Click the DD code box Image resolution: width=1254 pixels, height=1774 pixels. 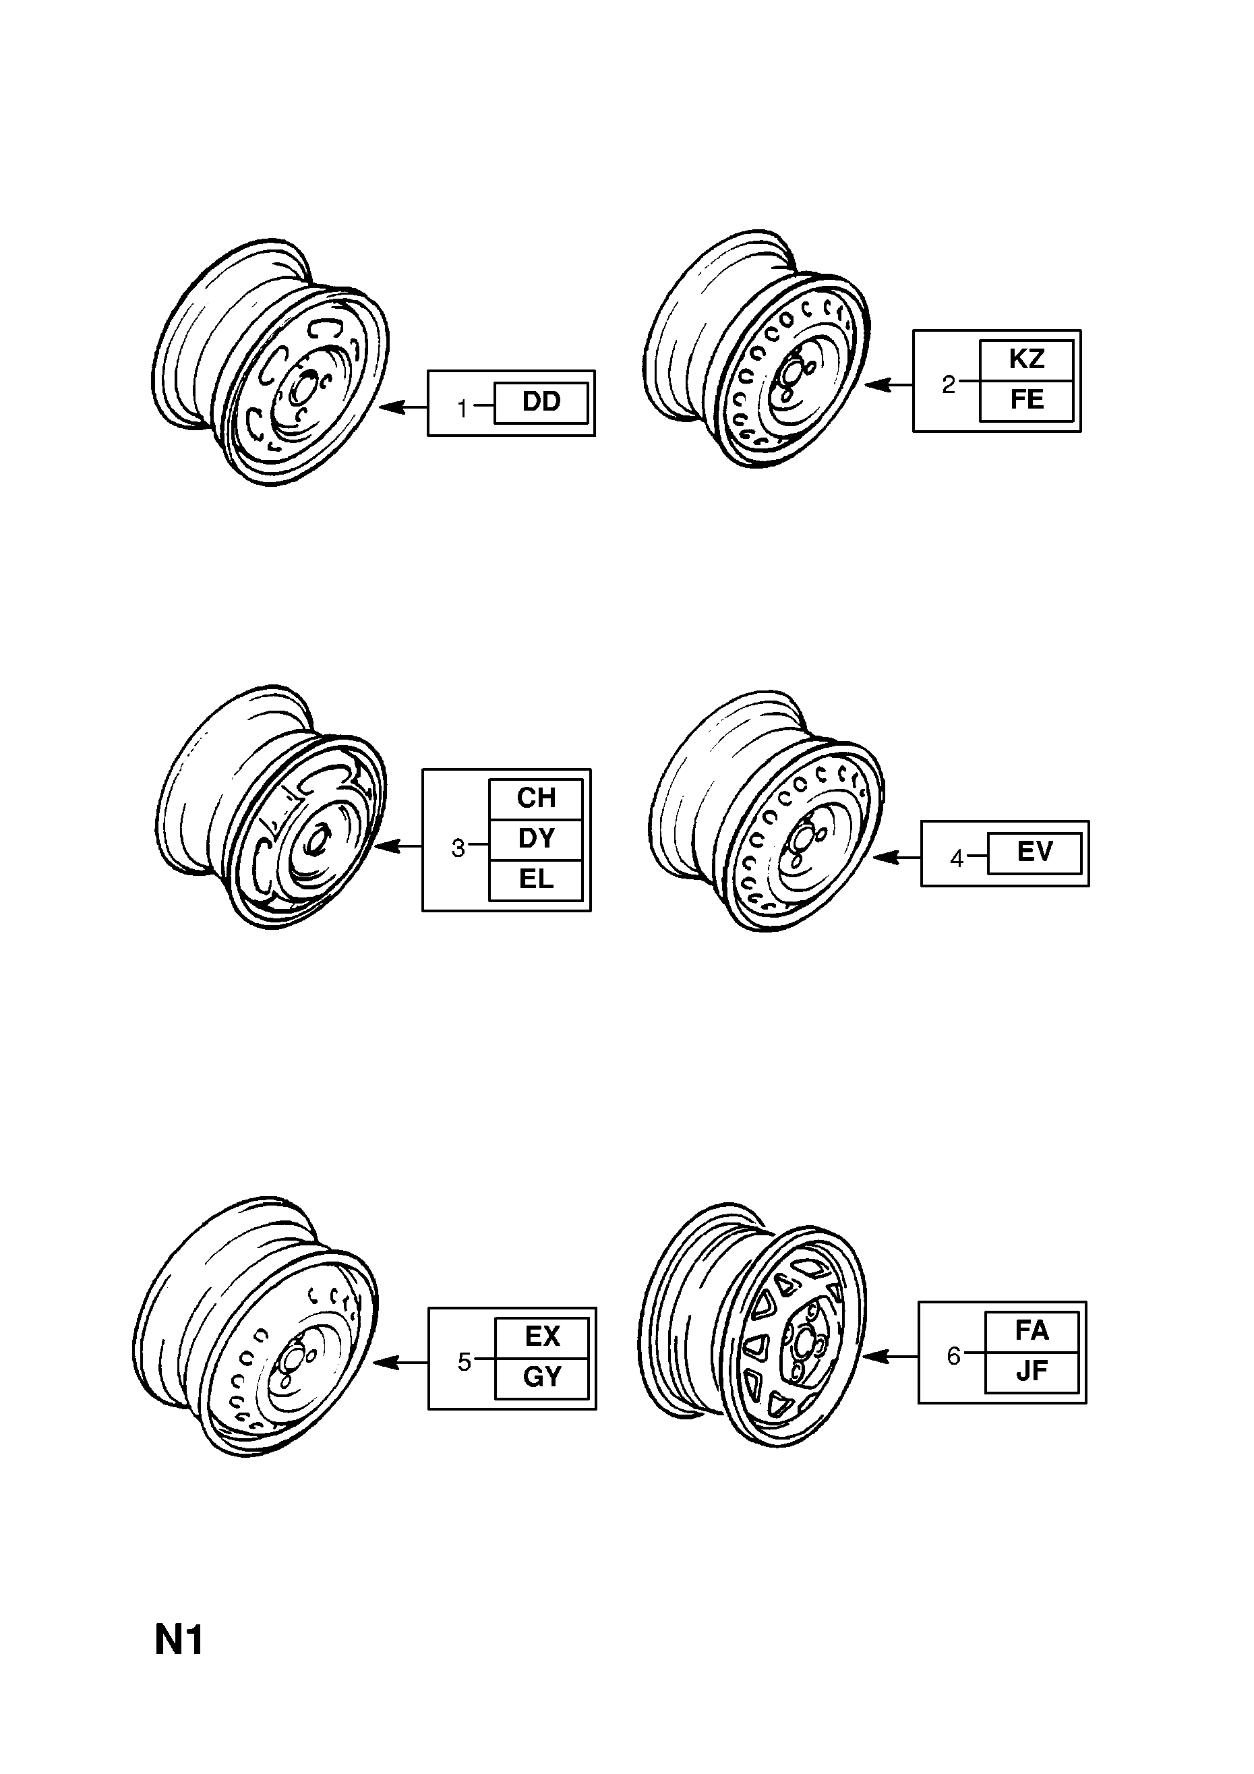pos(541,403)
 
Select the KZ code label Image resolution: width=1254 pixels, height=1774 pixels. pos(1026,359)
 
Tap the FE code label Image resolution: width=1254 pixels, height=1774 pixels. pos(1026,401)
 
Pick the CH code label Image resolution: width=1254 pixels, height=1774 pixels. pos(535,799)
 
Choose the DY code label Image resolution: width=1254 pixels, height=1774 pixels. pos(535,839)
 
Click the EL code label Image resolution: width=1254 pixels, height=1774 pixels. pos(535,880)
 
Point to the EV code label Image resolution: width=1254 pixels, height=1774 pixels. pos(1035,852)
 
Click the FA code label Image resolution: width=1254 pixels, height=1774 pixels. pos(1032,1331)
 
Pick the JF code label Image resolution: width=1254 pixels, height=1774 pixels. pos(1032,1372)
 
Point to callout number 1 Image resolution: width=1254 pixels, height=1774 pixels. pos(462,408)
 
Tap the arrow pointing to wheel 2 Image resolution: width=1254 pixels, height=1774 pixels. pos(889,384)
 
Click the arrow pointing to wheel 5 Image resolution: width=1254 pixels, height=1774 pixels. pos(400,1362)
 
